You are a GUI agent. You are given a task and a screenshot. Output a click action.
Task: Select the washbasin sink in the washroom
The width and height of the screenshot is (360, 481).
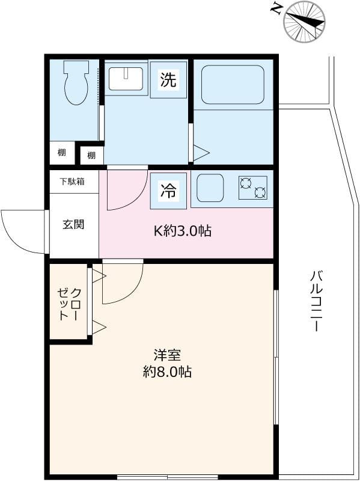(126, 79)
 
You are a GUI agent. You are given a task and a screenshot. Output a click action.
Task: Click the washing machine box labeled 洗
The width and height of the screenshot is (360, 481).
(168, 80)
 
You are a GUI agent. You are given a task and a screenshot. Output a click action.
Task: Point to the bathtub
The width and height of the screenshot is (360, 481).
(233, 84)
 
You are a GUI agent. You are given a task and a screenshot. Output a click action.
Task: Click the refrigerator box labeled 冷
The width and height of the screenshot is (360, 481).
(168, 191)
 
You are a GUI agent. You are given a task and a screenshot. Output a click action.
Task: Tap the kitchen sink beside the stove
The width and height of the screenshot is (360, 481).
(210, 188)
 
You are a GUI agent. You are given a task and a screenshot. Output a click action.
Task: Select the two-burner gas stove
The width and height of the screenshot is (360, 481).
(252, 188)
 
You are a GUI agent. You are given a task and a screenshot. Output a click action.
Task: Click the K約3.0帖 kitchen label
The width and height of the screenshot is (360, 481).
(183, 230)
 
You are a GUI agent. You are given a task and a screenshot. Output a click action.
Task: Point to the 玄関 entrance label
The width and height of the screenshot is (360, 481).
(73, 225)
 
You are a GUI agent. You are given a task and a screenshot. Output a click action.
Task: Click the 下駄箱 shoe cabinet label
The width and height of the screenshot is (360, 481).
(73, 181)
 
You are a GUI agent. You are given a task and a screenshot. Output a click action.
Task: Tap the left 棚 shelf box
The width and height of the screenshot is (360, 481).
(62, 153)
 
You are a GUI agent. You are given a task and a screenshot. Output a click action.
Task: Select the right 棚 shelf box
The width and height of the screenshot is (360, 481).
(91, 156)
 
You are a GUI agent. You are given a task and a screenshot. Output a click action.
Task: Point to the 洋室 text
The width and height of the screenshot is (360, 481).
(167, 355)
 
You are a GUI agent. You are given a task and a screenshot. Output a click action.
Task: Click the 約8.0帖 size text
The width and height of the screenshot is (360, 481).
(167, 372)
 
